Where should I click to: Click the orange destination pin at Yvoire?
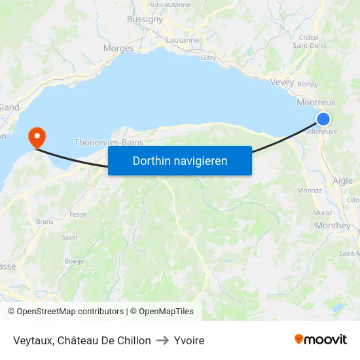(x=37, y=137)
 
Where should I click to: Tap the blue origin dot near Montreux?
(x=323, y=118)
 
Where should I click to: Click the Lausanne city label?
(x=183, y=41)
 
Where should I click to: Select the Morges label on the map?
(x=118, y=48)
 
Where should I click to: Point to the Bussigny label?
(x=145, y=20)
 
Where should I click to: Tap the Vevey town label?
(x=281, y=82)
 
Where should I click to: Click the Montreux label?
(x=315, y=103)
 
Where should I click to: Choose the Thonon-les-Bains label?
(x=109, y=142)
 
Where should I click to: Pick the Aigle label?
(x=342, y=181)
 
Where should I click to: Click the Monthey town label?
(x=333, y=225)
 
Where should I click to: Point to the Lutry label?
(x=208, y=58)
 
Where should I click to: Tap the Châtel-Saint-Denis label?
(x=314, y=41)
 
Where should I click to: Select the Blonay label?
(x=308, y=84)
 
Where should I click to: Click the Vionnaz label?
(x=310, y=190)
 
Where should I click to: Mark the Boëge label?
(x=74, y=261)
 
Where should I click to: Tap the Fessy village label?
(x=78, y=214)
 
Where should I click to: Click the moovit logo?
(x=320, y=339)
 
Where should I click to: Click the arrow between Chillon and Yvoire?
(x=162, y=340)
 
